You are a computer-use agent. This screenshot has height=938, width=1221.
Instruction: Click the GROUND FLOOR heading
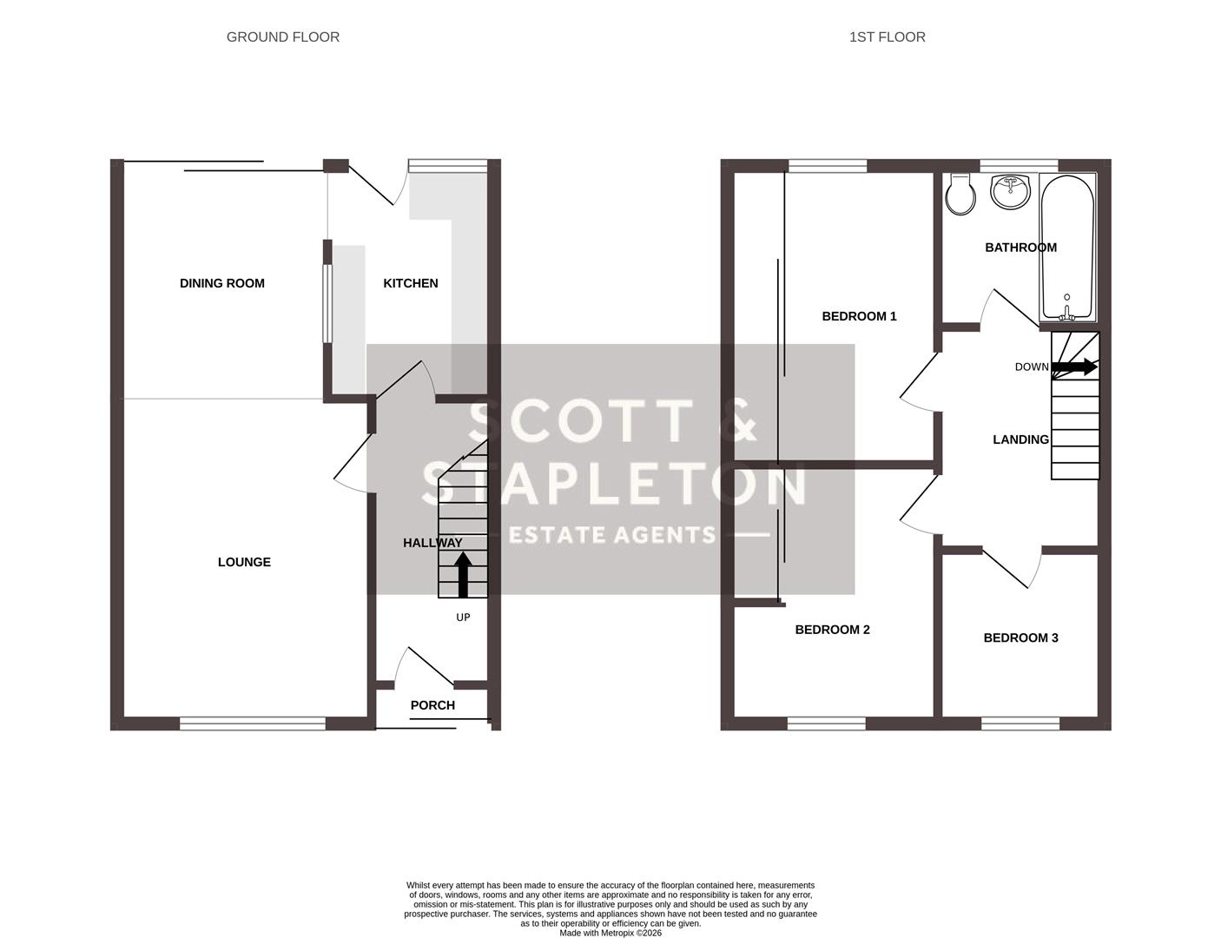[x=282, y=36]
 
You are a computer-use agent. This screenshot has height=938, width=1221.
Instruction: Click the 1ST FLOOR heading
[x=887, y=36]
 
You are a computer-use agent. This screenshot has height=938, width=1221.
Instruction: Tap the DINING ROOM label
[x=221, y=283]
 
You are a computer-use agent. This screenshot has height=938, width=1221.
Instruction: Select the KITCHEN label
[x=411, y=283]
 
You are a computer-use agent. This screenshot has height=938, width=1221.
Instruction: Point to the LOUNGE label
[x=244, y=562]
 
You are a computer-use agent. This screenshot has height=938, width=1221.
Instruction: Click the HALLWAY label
[x=432, y=543]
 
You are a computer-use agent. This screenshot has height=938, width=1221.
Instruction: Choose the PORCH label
[x=432, y=705]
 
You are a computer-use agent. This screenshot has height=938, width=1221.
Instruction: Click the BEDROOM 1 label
[x=859, y=316]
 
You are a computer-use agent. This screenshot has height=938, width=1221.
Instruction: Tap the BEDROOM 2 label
[x=832, y=630]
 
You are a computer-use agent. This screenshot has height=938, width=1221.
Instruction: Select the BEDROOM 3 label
[x=1020, y=637]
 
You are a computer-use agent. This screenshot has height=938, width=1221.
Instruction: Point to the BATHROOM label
[x=1020, y=248]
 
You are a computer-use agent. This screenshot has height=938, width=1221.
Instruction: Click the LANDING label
[x=1020, y=439]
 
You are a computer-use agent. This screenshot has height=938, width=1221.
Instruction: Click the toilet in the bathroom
[x=960, y=195]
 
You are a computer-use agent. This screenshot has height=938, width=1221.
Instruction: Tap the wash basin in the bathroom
[x=1010, y=191]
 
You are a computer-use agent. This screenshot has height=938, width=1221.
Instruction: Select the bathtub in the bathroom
[x=1067, y=248]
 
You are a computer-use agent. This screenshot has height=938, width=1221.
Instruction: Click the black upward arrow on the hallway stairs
[x=463, y=575]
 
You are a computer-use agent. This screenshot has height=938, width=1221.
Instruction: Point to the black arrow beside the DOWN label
[x=1075, y=367]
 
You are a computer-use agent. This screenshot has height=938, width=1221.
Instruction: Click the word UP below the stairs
[x=463, y=618]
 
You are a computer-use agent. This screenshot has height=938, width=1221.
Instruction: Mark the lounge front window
[x=253, y=723]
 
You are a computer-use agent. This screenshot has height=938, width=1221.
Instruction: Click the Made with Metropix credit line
[x=610, y=933]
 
